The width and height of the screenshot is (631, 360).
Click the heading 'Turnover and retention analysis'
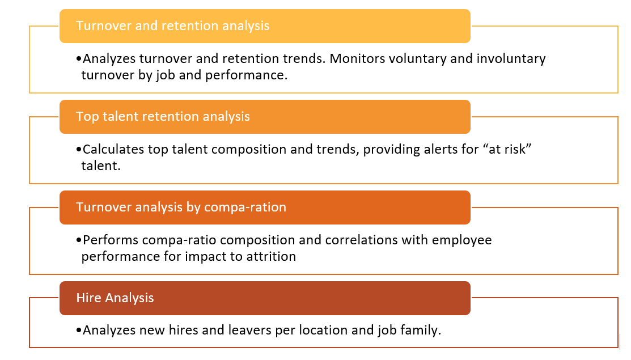(x=173, y=26)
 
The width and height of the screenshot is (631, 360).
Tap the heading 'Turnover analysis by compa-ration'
(x=181, y=207)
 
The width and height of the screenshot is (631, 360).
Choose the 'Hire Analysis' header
(x=115, y=298)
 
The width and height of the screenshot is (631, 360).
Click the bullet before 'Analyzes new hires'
(x=79, y=331)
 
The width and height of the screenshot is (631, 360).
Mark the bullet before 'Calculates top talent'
(x=79, y=149)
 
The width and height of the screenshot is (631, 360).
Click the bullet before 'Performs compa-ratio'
(x=79, y=240)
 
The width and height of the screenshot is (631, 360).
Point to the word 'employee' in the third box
(x=463, y=240)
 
